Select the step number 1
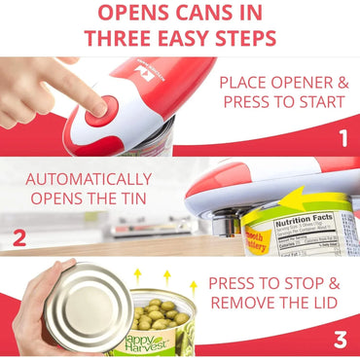[342, 138]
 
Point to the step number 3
[340, 339]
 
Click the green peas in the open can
[161, 316]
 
